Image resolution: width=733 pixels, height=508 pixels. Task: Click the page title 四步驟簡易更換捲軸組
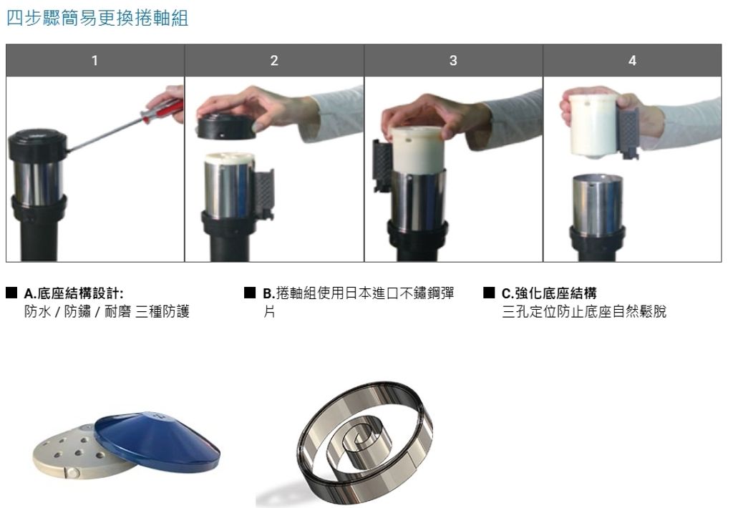(97, 18)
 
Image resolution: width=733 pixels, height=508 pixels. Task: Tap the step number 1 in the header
(95, 60)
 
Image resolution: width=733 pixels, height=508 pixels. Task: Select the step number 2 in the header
(274, 60)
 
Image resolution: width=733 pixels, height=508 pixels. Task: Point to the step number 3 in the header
(453, 60)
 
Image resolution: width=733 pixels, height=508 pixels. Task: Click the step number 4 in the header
(632, 60)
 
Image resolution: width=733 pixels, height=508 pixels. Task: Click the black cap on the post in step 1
(37, 144)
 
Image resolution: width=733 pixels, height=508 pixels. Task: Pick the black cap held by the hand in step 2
(227, 126)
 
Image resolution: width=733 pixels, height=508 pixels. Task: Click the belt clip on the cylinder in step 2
(263, 194)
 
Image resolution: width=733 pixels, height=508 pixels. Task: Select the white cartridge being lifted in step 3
(417, 150)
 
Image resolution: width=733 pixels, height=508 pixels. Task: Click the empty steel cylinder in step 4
(598, 205)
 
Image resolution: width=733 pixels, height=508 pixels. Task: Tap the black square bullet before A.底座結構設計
(11, 293)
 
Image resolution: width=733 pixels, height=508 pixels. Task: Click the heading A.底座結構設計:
(74, 293)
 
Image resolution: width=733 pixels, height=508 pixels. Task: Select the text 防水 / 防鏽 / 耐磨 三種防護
(107, 311)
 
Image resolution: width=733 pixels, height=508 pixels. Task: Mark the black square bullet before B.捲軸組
(250, 293)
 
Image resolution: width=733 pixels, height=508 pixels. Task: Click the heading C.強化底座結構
(549, 293)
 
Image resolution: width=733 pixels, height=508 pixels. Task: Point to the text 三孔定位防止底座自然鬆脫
(584, 311)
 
